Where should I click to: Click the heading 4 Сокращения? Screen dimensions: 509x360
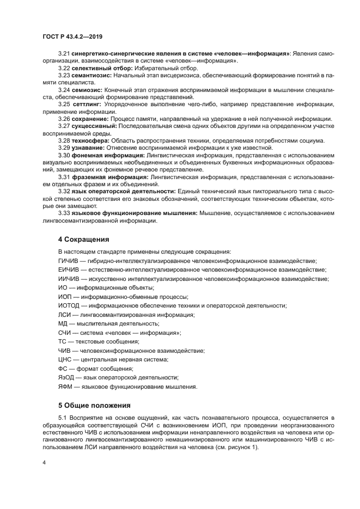click(x=84, y=239)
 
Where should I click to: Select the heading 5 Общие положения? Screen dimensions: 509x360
click(x=94, y=405)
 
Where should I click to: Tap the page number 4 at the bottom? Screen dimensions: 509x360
click(x=44, y=463)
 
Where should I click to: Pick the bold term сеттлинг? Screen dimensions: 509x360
click(x=88, y=103)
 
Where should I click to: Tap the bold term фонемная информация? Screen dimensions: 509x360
click(x=108, y=155)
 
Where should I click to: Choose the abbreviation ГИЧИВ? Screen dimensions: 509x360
click(x=69, y=261)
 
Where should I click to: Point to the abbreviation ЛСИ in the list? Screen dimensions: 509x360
click(x=65, y=315)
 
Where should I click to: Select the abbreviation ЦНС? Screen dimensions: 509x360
click(x=65, y=359)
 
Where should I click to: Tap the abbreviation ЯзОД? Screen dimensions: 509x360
click(x=66, y=377)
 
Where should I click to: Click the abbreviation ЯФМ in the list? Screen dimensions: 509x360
click(x=65, y=387)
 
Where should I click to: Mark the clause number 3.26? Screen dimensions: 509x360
click(x=64, y=118)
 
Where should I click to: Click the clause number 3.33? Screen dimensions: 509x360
click(x=64, y=213)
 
